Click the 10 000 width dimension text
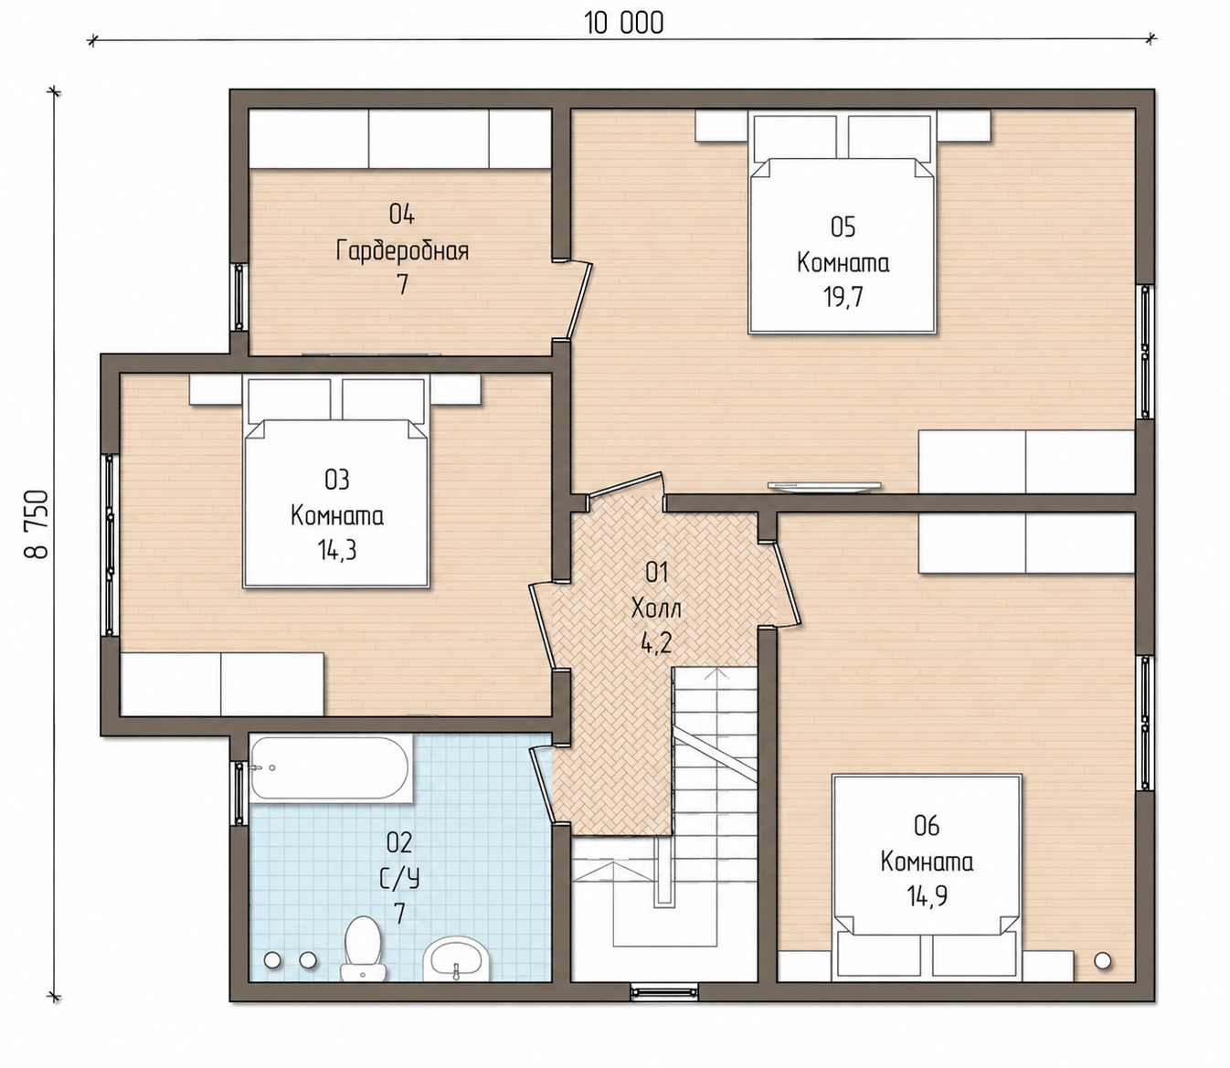click(x=624, y=24)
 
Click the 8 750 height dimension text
click(x=37, y=524)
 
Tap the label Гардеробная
click(x=402, y=250)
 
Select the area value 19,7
click(x=843, y=297)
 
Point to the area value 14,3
click(x=336, y=549)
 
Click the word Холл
click(x=656, y=608)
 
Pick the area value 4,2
click(x=656, y=644)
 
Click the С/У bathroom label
click(x=399, y=879)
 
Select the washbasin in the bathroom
click(x=456, y=958)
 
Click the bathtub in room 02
click(x=330, y=768)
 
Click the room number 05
click(x=843, y=227)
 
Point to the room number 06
click(x=927, y=827)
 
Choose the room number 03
click(x=336, y=480)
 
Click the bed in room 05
click(x=843, y=222)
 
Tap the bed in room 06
click(x=927, y=877)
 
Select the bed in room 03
click(x=336, y=481)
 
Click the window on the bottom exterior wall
click(x=664, y=991)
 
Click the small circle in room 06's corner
click(x=1102, y=961)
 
